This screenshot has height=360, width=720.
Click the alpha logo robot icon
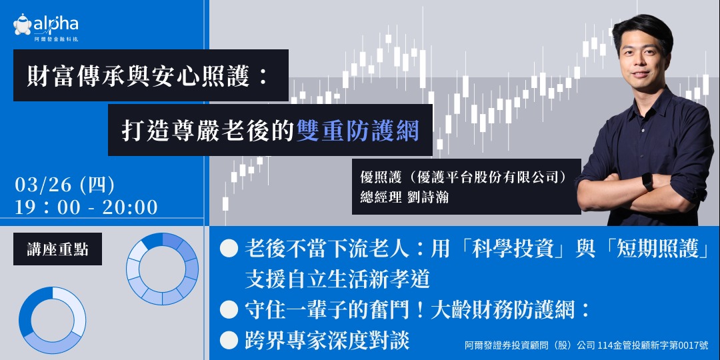22,25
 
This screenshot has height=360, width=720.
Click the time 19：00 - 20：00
86,207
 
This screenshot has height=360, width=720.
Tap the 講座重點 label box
57,249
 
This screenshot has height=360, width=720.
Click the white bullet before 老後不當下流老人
229,249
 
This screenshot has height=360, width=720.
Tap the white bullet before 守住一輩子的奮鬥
229,309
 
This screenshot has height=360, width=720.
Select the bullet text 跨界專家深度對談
327,340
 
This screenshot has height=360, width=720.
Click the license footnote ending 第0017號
586,346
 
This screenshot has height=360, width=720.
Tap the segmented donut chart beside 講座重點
162,269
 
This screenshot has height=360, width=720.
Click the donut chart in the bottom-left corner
52,321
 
